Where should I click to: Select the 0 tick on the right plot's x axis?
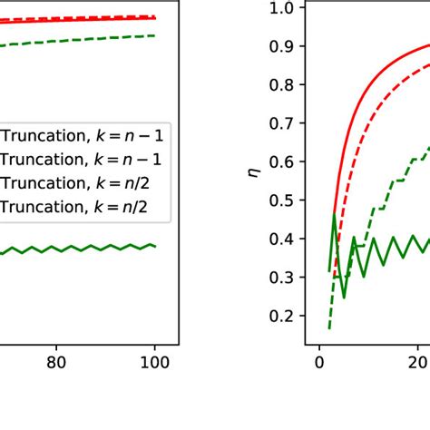point(319,361)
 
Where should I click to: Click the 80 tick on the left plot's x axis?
point(56,361)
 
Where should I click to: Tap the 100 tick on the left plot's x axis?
point(155,361)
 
